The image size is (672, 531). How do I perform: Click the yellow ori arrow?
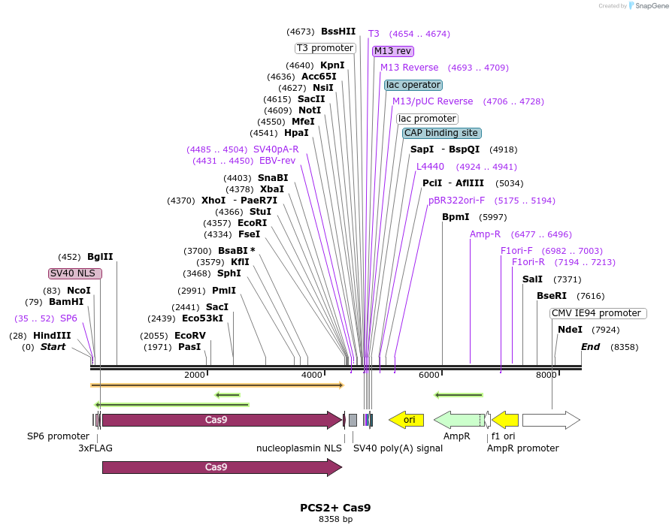tap(407, 420)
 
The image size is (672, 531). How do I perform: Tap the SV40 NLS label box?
tap(74, 273)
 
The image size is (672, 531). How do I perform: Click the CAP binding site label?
tap(440, 133)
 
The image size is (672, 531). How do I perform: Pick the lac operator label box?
tap(413, 85)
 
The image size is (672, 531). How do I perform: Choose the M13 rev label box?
tap(392, 51)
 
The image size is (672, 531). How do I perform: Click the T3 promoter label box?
tap(325, 48)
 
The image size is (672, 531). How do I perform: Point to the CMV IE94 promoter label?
tap(598, 313)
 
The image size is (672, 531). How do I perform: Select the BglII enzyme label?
tap(100, 256)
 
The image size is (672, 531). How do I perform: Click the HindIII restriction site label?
tap(52, 336)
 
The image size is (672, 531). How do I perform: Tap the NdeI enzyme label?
tap(570, 330)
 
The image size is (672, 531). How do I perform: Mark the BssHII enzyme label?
tap(338, 32)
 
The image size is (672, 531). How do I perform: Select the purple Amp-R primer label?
tap(485, 234)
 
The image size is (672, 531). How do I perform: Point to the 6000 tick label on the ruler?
tap(428, 375)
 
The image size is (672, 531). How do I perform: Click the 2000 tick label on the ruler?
tap(195, 375)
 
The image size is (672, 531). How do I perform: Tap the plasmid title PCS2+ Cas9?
tap(335, 508)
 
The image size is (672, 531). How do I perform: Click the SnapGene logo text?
tap(648, 6)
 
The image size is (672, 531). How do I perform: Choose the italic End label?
tap(590, 347)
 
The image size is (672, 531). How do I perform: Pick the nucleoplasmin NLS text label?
tap(299, 448)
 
